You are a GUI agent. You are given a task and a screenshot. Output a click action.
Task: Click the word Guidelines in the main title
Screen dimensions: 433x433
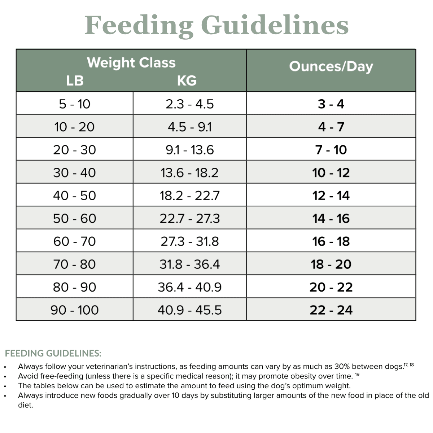point(274,25)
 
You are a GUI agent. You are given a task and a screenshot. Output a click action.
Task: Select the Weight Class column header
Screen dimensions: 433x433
point(131,63)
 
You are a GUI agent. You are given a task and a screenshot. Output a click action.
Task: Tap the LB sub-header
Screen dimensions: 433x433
point(75,80)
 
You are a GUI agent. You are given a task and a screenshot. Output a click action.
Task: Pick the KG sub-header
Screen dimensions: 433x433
point(187,80)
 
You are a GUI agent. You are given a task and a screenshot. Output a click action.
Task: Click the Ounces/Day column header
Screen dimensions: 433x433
point(331,66)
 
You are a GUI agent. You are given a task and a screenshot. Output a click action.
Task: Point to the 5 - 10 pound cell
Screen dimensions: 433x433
point(75,104)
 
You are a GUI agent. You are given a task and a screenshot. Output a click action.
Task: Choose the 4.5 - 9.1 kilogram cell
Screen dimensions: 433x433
point(189,127)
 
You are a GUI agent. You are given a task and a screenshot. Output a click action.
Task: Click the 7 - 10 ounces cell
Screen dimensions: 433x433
point(331,150)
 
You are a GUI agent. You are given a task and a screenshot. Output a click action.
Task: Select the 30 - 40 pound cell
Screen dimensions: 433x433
point(75,172)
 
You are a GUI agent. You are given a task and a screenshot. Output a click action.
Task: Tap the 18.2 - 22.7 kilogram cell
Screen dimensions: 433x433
point(189,196)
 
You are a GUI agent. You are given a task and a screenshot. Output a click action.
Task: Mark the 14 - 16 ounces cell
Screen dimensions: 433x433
point(331,218)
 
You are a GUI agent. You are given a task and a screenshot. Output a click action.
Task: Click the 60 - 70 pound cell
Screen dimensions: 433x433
point(75,241)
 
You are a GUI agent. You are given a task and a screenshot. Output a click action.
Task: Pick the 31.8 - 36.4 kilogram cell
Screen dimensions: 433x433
point(189,264)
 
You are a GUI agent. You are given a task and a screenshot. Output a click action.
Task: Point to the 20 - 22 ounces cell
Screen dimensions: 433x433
point(331,287)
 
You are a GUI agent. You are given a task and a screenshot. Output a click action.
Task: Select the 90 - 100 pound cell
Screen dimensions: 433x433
point(75,310)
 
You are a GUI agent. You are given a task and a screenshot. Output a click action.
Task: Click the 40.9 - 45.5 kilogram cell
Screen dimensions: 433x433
point(189,310)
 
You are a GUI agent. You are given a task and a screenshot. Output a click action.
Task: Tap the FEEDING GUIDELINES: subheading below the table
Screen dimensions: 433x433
point(53,353)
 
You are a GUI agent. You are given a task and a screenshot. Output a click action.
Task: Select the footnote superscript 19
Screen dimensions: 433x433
point(357,375)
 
